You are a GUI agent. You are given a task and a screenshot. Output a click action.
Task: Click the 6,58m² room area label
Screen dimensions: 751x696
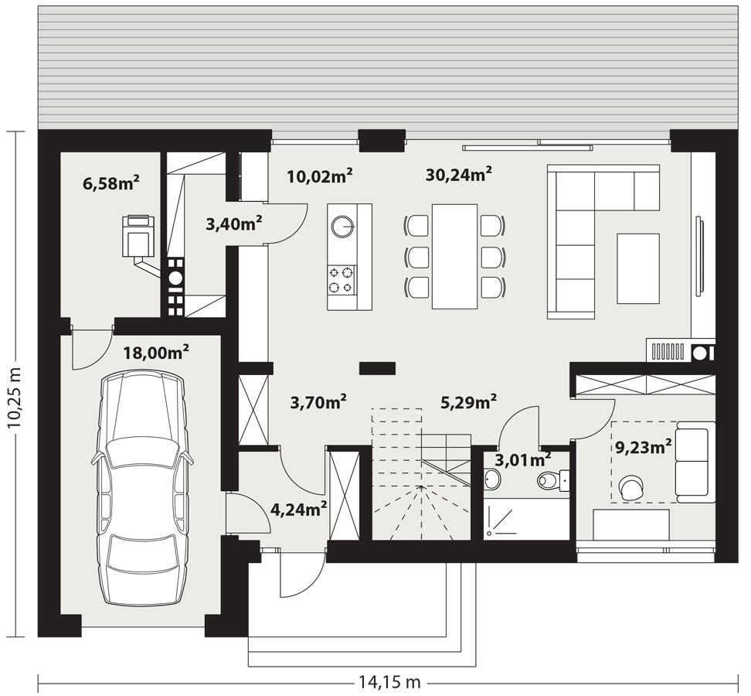pos(111,183)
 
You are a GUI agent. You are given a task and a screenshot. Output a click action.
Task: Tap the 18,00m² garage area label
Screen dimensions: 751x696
pos(156,353)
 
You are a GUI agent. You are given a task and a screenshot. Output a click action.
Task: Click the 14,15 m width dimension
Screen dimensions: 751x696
pos(389,681)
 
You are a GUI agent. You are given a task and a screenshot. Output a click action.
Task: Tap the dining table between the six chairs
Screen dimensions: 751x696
pos(454,257)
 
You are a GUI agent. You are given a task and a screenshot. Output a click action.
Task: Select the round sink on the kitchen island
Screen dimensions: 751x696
pos(342,227)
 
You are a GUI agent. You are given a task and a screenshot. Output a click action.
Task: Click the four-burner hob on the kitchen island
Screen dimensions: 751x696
pos(342,280)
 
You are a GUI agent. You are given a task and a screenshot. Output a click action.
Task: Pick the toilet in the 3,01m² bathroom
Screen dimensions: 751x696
pos(552,479)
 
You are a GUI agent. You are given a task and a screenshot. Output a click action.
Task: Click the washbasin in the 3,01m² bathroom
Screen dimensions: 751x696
pos(492,479)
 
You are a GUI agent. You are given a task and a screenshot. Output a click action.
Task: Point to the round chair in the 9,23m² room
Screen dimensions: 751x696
pos(632,487)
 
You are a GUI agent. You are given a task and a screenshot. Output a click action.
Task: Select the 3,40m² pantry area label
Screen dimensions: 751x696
pos(233,223)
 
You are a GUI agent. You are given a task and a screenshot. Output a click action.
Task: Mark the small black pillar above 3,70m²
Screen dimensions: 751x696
pos(377,368)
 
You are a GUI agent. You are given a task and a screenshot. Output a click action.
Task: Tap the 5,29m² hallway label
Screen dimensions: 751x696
pos(468,402)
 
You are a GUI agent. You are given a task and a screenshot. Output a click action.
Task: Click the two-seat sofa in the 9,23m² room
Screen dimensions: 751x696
pos(695,462)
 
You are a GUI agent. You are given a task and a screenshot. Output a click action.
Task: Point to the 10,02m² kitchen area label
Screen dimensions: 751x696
pos(320,176)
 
